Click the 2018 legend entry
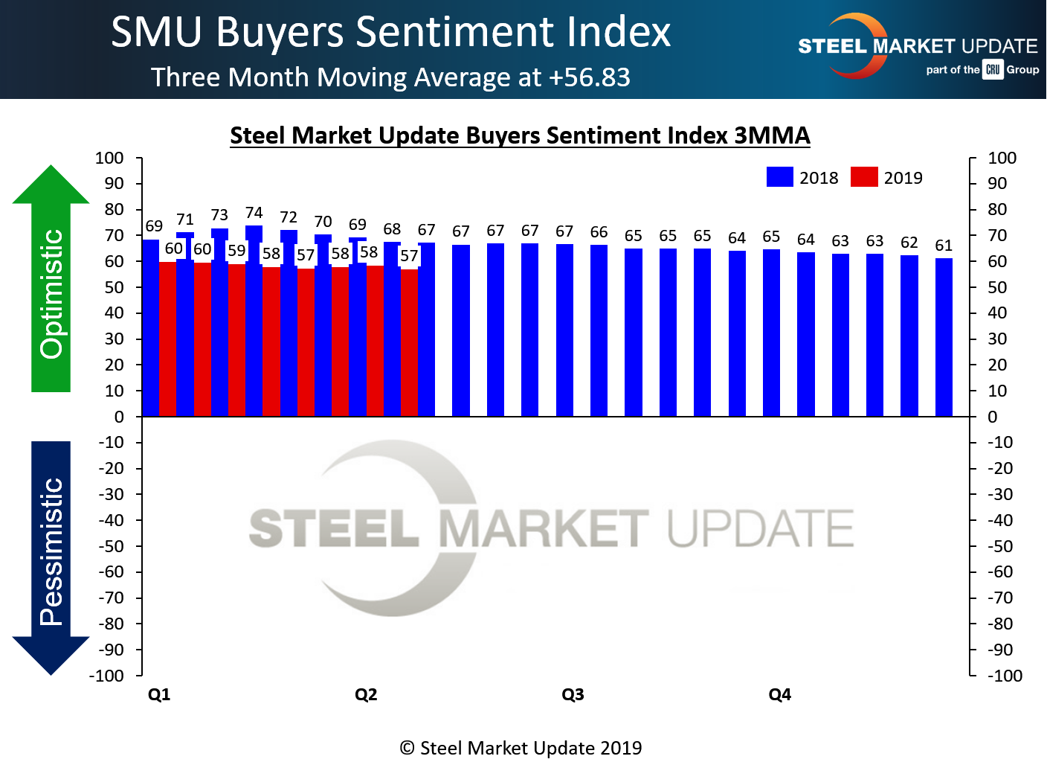pyautogui.click(x=802, y=177)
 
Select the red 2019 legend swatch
pyautogui.click(x=864, y=177)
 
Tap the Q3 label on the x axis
pyautogui.click(x=573, y=694)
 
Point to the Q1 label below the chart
pyautogui.click(x=159, y=694)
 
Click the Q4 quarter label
pyautogui.click(x=779, y=694)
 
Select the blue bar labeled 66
pyautogui.click(x=599, y=330)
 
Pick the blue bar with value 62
pyautogui.click(x=909, y=336)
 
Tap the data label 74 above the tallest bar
pyautogui.click(x=254, y=213)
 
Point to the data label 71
pyautogui.click(x=185, y=220)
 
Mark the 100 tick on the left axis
pyautogui.click(x=109, y=158)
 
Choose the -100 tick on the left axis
pyautogui.click(x=106, y=676)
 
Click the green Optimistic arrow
pyautogui.click(x=51, y=279)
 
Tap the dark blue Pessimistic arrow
pyautogui.click(x=51, y=558)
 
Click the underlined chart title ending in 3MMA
pyautogui.click(x=520, y=135)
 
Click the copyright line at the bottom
pyautogui.click(x=521, y=748)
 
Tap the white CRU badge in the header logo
pyautogui.click(x=993, y=70)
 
